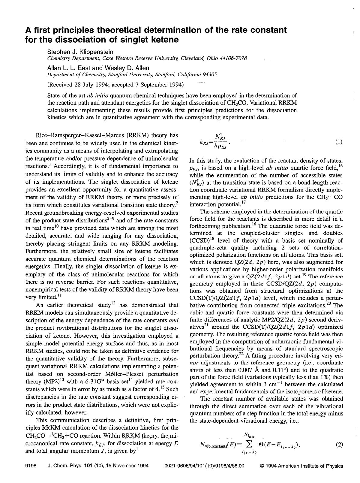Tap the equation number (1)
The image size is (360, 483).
338,142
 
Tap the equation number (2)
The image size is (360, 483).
338,445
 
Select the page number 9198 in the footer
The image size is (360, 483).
31,466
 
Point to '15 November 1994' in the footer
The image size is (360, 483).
130,466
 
